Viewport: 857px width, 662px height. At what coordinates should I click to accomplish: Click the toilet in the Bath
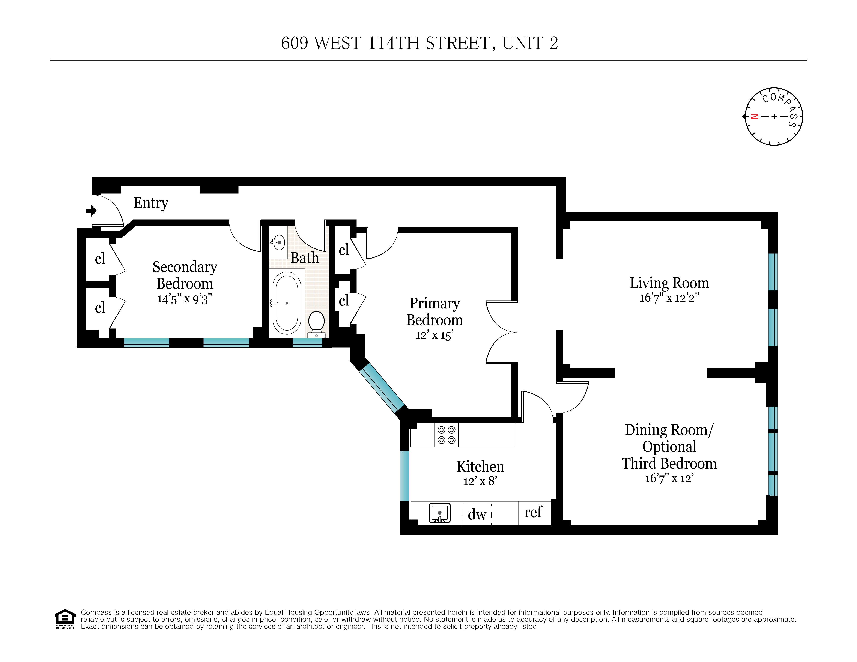(316, 324)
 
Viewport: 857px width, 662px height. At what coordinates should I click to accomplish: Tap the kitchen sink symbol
(439, 513)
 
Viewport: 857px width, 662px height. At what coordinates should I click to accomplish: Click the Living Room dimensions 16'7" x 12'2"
(669, 298)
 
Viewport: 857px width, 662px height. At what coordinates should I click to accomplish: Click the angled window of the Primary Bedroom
(381, 388)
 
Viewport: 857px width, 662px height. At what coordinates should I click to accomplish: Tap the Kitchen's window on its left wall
(404, 476)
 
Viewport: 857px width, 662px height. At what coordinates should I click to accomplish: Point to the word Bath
(305, 258)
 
